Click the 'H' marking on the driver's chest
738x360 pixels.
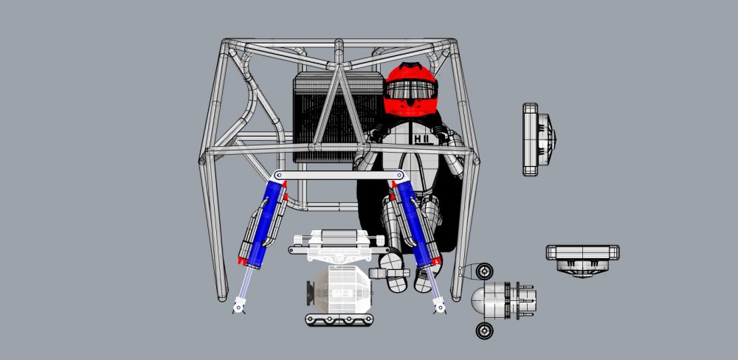click(419, 138)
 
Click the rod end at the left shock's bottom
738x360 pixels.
click(239, 303)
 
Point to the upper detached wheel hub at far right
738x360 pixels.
click(539, 139)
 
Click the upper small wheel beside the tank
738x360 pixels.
click(485, 271)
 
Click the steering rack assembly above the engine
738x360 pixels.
click(336, 241)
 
